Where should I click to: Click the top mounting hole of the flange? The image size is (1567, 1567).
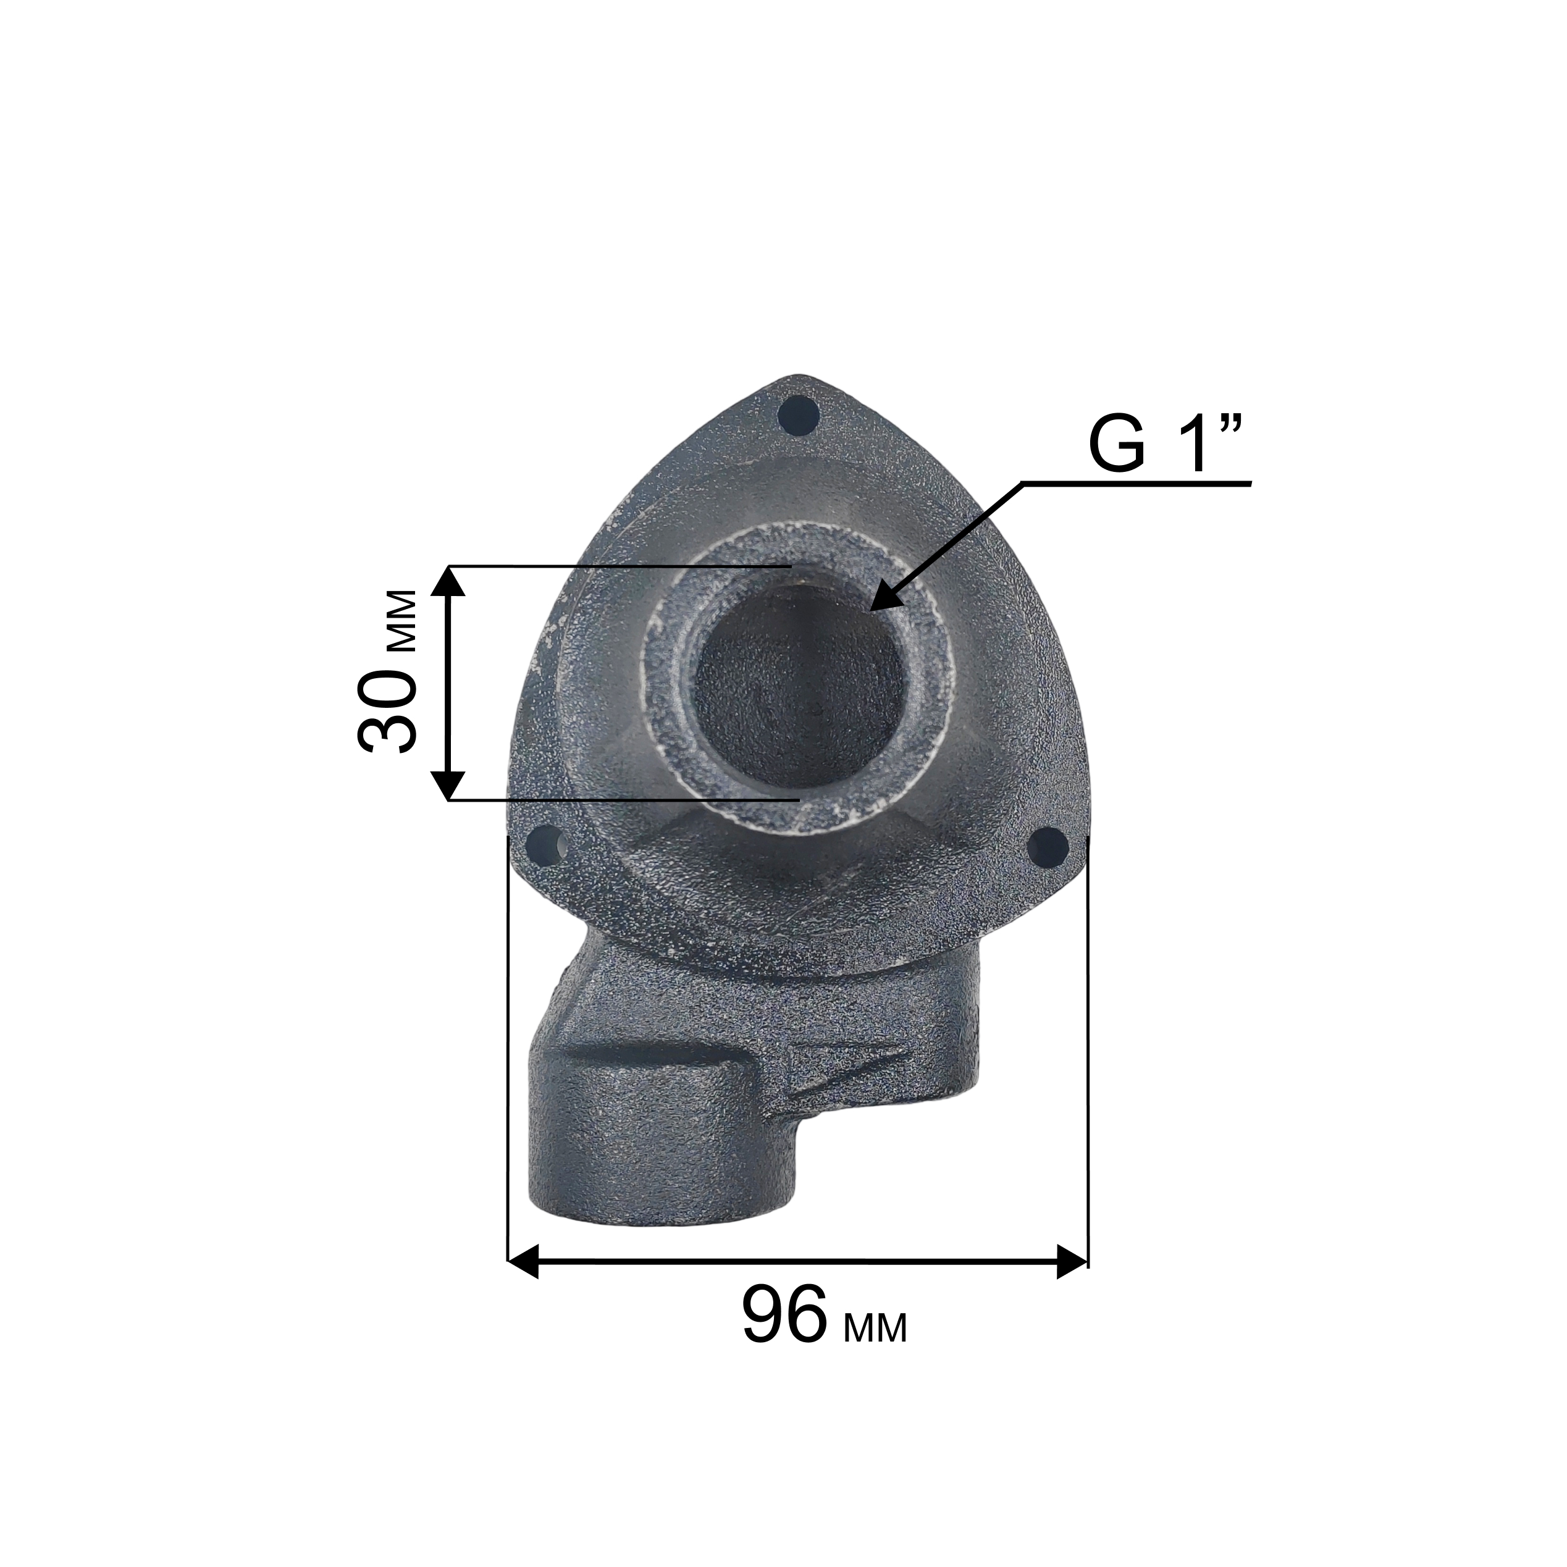797,414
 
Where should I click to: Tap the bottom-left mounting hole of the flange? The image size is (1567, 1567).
547,845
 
